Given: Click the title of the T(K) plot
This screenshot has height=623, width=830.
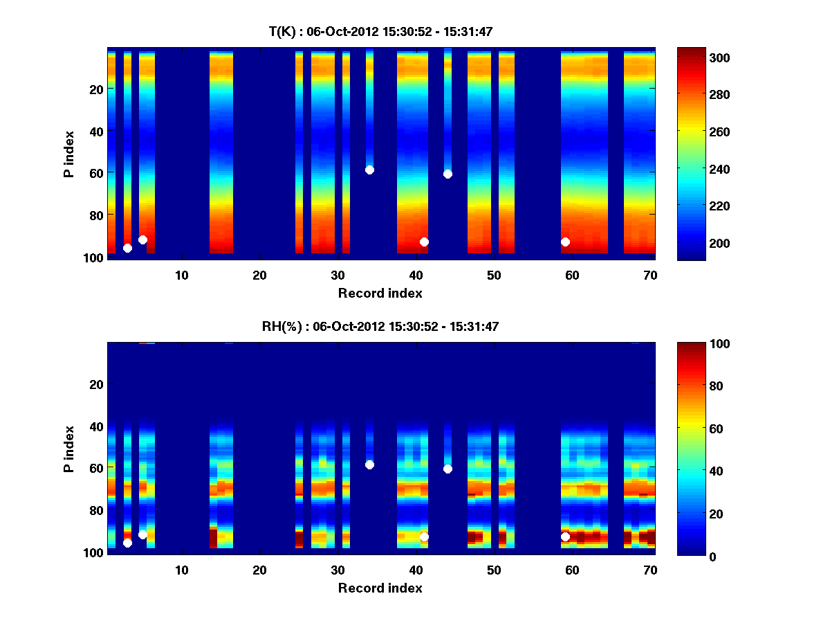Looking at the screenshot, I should coord(380,31).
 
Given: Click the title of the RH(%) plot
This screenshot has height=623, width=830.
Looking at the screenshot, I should coord(380,327).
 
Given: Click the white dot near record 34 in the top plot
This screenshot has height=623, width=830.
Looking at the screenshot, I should coord(369,170).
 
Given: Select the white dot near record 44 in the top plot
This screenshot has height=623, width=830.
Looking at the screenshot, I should coord(448,174).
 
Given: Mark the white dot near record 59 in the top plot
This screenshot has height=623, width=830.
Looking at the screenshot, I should coord(565,242).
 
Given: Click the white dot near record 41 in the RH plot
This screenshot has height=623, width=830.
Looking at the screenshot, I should coord(424,536).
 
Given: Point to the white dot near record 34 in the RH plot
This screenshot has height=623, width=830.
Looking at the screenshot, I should coord(369,464).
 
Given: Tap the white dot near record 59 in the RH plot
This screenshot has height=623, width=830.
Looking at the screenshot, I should coord(565,536).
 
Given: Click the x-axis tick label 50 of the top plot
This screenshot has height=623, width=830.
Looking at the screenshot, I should coord(494,275).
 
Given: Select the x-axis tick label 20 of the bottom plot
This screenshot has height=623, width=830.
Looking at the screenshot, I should coord(259,570).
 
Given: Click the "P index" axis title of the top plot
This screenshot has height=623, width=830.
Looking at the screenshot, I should coord(69,154).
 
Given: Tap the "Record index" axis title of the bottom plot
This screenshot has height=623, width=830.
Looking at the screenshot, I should coord(380,588).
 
